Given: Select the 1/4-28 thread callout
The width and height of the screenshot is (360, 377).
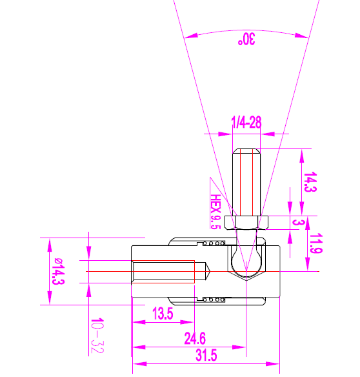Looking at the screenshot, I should tap(246, 123).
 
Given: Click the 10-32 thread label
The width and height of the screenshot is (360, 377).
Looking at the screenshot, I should tap(97, 336).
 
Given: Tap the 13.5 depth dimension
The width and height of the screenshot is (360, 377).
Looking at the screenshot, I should tap(162, 314).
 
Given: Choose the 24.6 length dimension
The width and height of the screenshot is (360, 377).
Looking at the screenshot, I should tap(195, 338).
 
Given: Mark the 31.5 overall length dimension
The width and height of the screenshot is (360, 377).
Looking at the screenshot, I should tap(205, 356).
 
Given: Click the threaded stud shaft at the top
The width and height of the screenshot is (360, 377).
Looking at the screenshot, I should tap(247, 181).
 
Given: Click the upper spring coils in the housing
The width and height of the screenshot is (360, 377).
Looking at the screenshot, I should tap(215, 243).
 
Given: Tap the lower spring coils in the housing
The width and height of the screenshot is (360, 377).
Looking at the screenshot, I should tap(215, 299).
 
